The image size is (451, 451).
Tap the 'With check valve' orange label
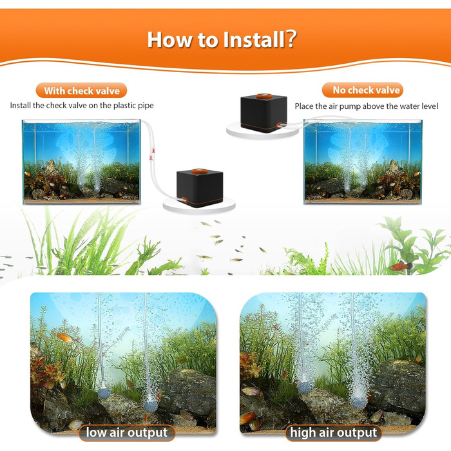[81, 91]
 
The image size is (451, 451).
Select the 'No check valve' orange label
[362, 90]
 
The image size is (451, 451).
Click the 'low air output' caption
[126, 432]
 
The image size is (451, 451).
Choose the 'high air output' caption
[333, 432]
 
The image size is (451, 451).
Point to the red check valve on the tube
[151, 154]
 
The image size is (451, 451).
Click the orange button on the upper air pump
[264, 96]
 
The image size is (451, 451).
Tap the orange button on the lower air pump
[199, 171]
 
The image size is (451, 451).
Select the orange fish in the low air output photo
[66, 337]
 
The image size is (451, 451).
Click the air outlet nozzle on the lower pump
[182, 200]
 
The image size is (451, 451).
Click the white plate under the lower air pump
[199, 205]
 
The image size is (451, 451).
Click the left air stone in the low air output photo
[104, 393]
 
